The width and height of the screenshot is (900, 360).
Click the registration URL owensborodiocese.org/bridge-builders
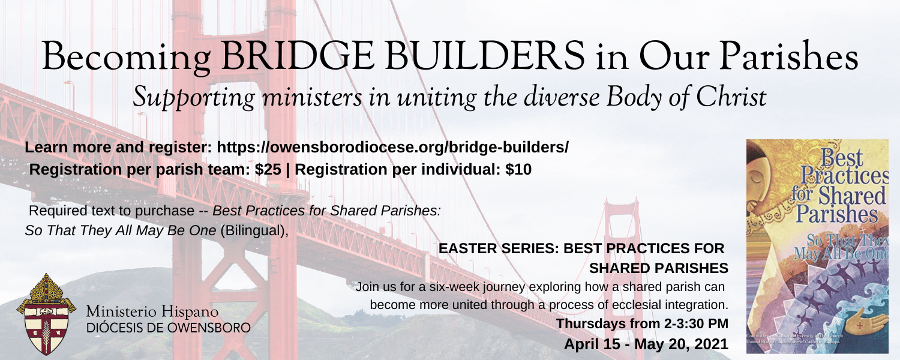[x=392, y=147]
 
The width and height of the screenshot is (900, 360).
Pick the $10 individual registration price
[x=518, y=170]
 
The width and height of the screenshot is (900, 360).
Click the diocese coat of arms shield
[x=46, y=314]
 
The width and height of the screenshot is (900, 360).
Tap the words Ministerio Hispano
[x=152, y=313]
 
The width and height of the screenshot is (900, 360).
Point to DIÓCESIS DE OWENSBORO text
[x=169, y=328]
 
